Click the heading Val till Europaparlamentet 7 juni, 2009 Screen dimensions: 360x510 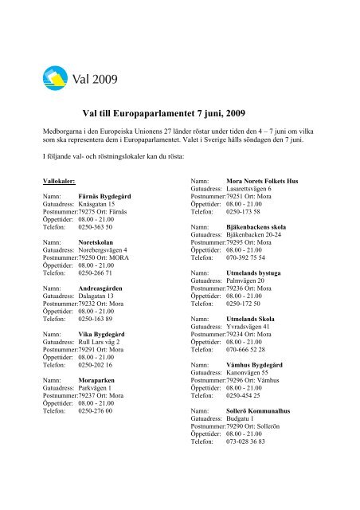tap(179, 115)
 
